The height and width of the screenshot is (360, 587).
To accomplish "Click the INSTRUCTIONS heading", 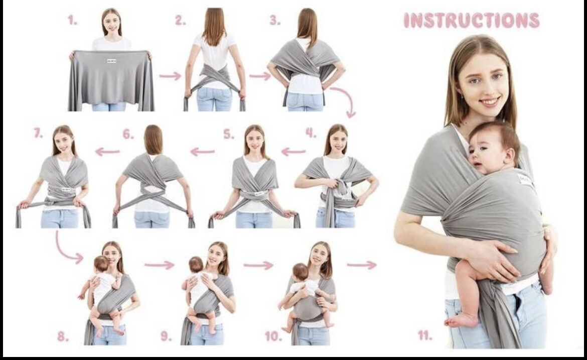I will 471,21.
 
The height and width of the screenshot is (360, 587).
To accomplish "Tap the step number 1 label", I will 73,21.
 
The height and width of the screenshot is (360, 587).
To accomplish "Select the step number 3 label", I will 275,21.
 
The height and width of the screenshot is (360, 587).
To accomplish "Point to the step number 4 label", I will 311,133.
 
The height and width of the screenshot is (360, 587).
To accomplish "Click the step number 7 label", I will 38,134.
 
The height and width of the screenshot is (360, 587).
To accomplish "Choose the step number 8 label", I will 62,336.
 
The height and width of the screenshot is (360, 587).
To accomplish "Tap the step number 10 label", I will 273,336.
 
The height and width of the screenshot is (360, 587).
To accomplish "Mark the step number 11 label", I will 424,335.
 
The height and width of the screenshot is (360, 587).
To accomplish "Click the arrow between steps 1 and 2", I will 170,76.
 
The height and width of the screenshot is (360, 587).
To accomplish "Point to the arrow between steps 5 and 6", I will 202,152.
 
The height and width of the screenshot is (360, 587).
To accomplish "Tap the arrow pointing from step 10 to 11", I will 361,265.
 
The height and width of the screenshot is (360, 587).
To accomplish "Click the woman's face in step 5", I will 255,137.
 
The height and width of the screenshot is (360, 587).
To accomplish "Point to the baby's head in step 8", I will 101,264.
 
